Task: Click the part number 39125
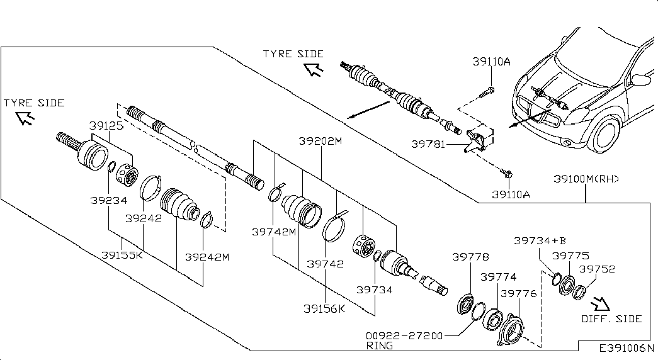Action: point(106,125)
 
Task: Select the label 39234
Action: point(109,201)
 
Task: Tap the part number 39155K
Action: point(122,255)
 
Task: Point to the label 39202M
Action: point(320,141)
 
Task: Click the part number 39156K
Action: point(324,309)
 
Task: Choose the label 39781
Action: point(428,144)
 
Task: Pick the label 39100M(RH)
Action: point(586,179)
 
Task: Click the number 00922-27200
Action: point(404,335)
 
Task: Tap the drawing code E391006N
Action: point(627,348)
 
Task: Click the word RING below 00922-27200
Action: point(380,346)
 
